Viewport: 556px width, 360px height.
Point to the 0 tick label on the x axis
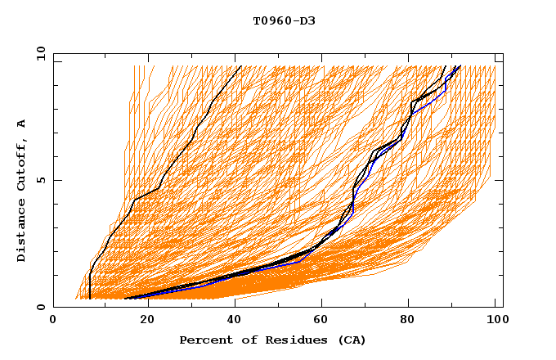[53, 320]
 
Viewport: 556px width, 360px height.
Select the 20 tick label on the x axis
[142, 320]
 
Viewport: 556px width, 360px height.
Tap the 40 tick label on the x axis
[231, 320]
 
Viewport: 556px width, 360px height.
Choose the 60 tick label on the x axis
[320, 320]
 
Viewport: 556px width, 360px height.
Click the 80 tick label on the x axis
[408, 320]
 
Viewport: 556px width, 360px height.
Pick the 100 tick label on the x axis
[495, 320]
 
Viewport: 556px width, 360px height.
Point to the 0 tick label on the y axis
[41, 307]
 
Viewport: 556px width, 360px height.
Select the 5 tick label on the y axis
[41, 180]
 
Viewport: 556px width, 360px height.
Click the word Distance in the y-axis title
[22, 232]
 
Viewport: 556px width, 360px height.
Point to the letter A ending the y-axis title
[22, 123]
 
